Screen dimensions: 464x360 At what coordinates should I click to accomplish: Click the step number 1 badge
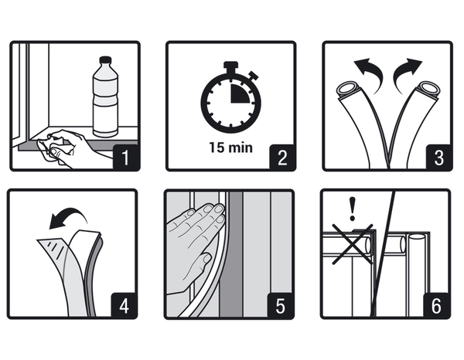[126, 158]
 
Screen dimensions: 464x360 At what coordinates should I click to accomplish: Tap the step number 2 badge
[282, 158]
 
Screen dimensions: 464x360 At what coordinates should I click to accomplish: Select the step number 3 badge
[438, 158]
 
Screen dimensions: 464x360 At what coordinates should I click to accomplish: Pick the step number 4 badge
[124, 305]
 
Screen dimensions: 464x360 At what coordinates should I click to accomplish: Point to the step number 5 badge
[280, 305]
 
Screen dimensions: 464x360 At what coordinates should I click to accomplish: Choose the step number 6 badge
[436, 305]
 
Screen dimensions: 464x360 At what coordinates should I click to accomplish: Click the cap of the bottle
[105, 60]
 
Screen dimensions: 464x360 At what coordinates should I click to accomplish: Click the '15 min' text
[230, 148]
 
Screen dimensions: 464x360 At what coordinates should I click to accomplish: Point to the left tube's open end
[349, 88]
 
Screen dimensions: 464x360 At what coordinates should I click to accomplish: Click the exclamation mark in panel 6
[352, 209]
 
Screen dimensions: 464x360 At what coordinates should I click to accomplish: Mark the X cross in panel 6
[352, 244]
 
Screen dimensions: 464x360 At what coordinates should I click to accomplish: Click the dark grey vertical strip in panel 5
[230, 254]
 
